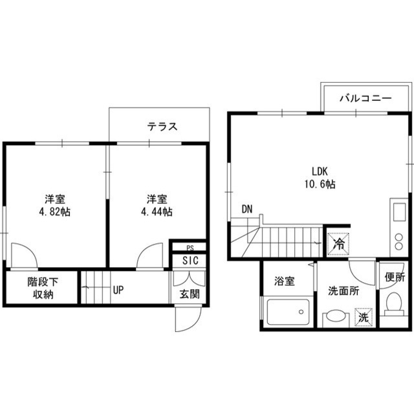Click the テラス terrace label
[x=162, y=127]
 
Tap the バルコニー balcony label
[x=365, y=98]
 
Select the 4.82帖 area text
[x=55, y=212]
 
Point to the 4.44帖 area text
[x=157, y=212]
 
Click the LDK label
[x=320, y=171]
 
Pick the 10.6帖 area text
[x=320, y=184]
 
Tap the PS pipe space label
[x=190, y=248]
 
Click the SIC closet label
[x=190, y=261]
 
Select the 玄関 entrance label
[x=190, y=294]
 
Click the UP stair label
[x=118, y=290]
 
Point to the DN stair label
[x=247, y=210]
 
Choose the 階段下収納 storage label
[x=43, y=288]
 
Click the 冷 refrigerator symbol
[x=339, y=245]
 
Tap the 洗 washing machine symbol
[x=364, y=317]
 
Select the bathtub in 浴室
[x=288, y=312]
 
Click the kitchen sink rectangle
[x=400, y=212]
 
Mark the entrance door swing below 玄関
[x=188, y=319]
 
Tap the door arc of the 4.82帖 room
[x=28, y=252]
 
